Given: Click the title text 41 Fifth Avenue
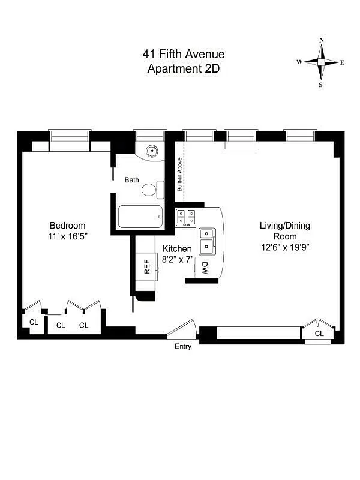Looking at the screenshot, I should click(x=184, y=55).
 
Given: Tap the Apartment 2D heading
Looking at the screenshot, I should click(x=184, y=68).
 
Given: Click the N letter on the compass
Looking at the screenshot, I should click(x=322, y=40).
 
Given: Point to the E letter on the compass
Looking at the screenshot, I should click(x=342, y=62).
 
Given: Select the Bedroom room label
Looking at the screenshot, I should click(x=68, y=225).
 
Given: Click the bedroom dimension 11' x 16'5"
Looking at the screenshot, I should click(x=68, y=236).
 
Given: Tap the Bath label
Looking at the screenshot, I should click(x=132, y=179).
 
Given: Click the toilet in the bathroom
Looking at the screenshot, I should click(x=151, y=190).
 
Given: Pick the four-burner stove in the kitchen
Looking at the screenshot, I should click(x=187, y=217).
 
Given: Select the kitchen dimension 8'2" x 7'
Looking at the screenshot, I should click(x=177, y=254).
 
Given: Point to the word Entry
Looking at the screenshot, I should click(x=183, y=347).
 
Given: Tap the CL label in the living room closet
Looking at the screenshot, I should click(x=319, y=334).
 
